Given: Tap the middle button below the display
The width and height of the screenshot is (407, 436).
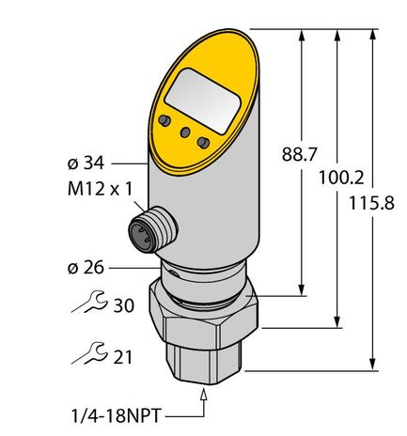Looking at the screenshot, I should (x=184, y=132).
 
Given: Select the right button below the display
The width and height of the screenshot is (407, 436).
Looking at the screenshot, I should (x=203, y=141).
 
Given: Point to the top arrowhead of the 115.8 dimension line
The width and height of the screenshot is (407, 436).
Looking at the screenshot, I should (x=375, y=34).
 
